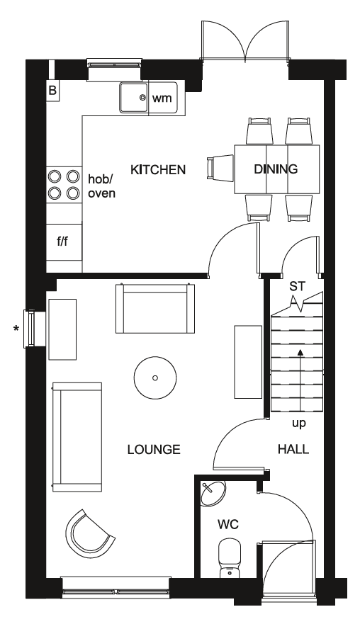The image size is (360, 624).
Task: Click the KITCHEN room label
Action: click(158, 169)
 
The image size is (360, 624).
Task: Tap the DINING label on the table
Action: click(276, 169)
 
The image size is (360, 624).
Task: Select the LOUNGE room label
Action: click(154, 449)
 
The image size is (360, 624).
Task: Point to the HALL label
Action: click(293, 449)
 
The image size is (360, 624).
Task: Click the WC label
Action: click(227, 524)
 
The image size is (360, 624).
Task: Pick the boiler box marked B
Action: click(52, 91)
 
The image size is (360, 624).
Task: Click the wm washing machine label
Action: click(162, 98)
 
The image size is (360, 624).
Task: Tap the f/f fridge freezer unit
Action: click(64, 242)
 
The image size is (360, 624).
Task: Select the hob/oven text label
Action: click(101, 186)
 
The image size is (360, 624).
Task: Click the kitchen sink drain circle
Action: click(142, 96)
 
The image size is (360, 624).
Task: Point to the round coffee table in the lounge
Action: click(155, 378)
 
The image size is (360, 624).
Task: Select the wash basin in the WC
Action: click(213, 494)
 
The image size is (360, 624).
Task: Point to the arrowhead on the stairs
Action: click(300, 352)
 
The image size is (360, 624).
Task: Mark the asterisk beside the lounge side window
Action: click(16, 329)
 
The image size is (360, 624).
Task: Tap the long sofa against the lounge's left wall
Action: click(77, 437)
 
